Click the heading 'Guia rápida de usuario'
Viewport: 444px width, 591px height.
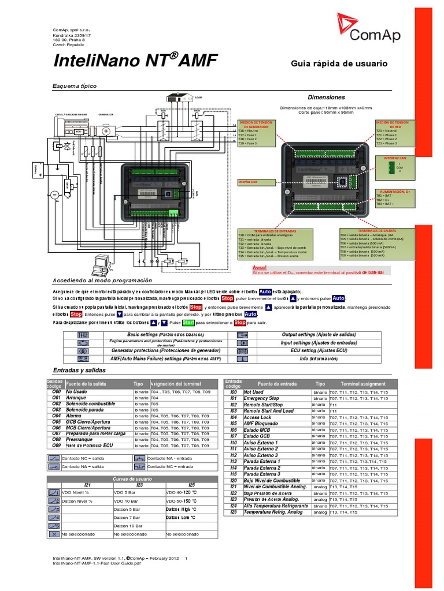[x=339, y=64]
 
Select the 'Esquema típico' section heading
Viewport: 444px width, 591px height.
[x=74, y=86]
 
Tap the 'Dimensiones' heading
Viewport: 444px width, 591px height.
[x=326, y=98]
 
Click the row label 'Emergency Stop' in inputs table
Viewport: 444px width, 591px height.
[x=261, y=398]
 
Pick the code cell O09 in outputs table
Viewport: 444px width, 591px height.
[x=56, y=446]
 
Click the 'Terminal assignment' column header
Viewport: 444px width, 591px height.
[x=362, y=384]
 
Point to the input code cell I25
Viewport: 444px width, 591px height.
[x=234, y=512]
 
